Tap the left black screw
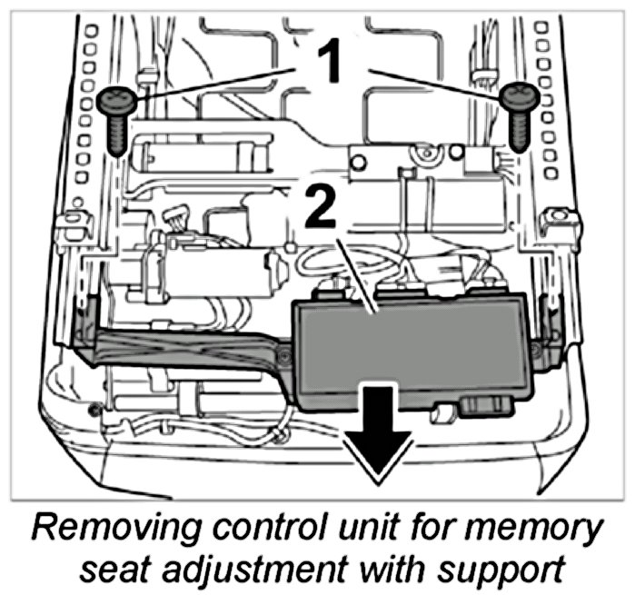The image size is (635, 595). pos(114,118)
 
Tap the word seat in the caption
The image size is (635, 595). pos(117,570)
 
